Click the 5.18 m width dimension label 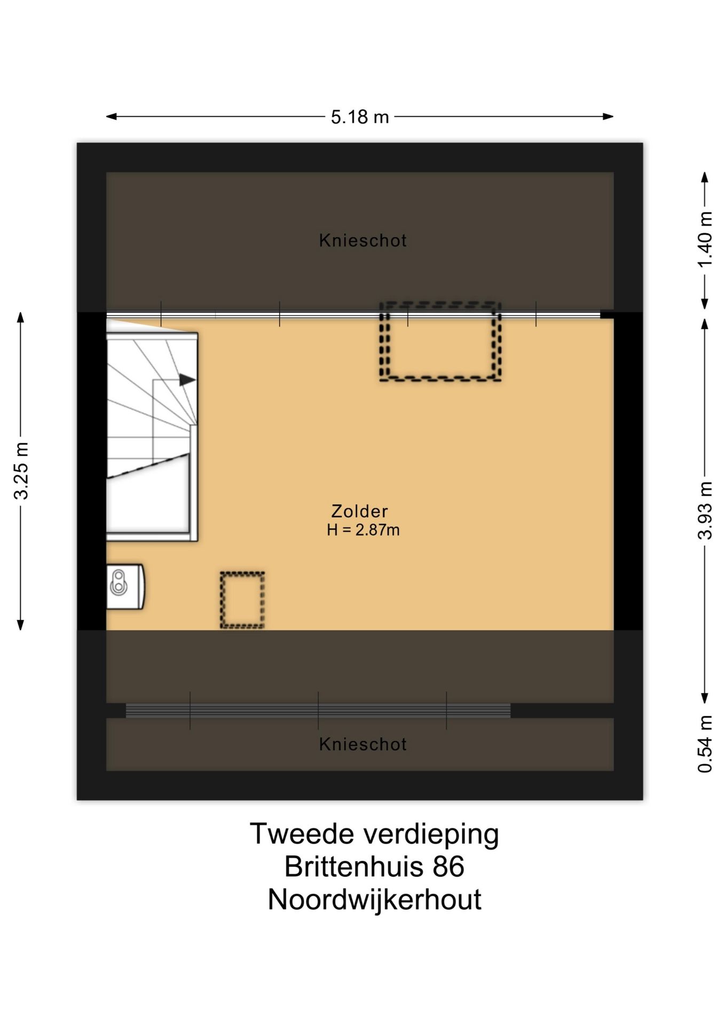pyautogui.click(x=359, y=117)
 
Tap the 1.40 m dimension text pyautogui.click(x=705, y=240)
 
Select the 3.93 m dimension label pyautogui.click(x=705, y=511)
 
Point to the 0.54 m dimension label pyautogui.click(x=705, y=744)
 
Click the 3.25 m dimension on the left pyautogui.click(x=21, y=471)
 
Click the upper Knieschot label pyautogui.click(x=362, y=241)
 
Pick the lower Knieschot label pyautogui.click(x=362, y=744)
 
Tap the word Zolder pyautogui.click(x=359, y=511)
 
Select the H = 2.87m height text pyautogui.click(x=363, y=530)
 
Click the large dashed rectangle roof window pyautogui.click(x=440, y=342)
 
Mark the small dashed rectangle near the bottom pyautogui.click(x=242, y=600)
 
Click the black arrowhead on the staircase pyautogui.click(x=187, y=380)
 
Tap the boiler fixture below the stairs pyautogui.click(x=125, y=586)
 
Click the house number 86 pyautogui.click(x=448, y=867)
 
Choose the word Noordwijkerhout pyautogui.click(x=374, y=900)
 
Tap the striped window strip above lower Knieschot pyautogui.click(x=318, y=711)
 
